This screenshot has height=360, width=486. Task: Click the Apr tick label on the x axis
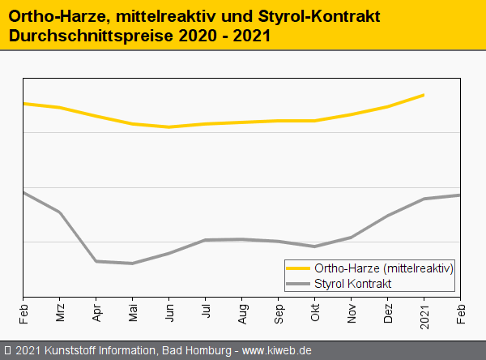pos(96,313)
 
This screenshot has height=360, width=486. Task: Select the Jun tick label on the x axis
pos(169,313)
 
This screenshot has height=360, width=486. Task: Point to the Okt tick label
pos(315,313)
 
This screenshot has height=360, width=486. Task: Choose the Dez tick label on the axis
pos(388,313)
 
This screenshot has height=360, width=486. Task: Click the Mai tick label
pos(133,313)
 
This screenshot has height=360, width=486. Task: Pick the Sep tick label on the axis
pos(279,313)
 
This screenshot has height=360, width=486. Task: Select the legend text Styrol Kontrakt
pos(353,284)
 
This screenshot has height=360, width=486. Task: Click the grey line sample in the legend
pos(298,284)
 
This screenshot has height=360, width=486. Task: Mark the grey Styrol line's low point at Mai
pos(132,264)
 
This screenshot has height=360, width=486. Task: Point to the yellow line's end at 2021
pos(424,95)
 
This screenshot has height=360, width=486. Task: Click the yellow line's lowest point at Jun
pos(168,127)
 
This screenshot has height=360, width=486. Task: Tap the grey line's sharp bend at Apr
pos(96,261)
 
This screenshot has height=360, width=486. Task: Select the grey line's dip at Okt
pos(314,246)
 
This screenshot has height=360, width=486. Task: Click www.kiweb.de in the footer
pos(277,350)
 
